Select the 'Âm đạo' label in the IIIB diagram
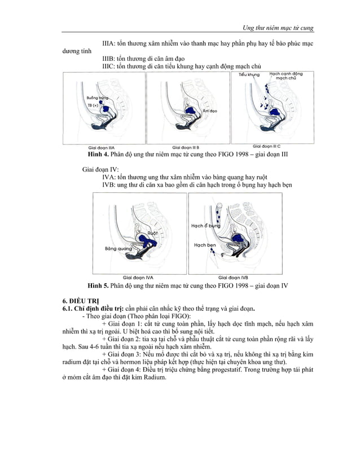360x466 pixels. pyautogui.click(x=209, y=111)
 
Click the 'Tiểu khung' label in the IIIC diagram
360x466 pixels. pyautogui.click(x=249, y=74)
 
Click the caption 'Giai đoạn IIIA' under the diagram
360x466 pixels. pyautogui.click(x=107, y=146)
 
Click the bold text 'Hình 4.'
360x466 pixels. pyautogui.click(x=97, y=153)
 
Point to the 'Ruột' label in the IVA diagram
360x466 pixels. pyautogui.click(x=152, y=232)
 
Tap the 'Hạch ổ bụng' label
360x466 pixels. pyautogui.click(x=205, y=226)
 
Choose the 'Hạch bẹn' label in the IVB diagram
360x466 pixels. pyautogui.click(x=205, y=245)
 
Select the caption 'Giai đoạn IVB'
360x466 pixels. pyautogui.click(x=233, y=278)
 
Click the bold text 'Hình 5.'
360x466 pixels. pyautogui.click(x=97, y=285)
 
